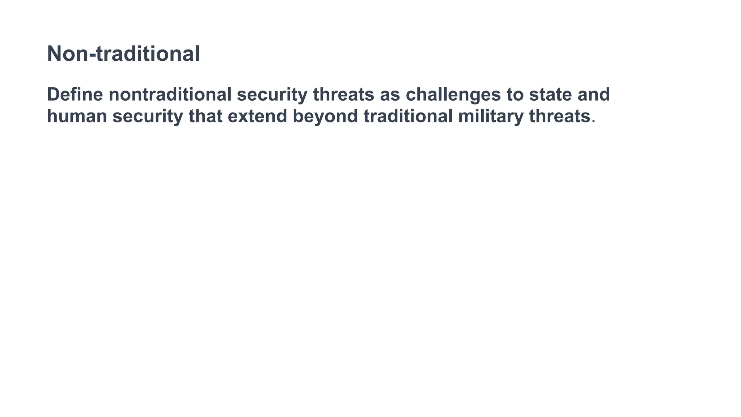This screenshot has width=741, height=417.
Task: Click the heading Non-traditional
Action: tap(123, 54)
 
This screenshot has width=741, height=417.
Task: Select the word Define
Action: tap(75, 94)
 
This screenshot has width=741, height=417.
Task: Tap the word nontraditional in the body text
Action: tap(170, 94)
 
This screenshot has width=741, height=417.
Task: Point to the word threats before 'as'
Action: tap(343, 94)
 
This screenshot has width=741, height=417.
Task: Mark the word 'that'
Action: tap(206, 116)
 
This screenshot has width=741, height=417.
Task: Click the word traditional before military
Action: tap(408, 116)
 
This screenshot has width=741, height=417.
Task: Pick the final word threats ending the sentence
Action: tap(559, 116)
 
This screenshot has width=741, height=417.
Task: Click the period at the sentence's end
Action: tap(593, 122)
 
